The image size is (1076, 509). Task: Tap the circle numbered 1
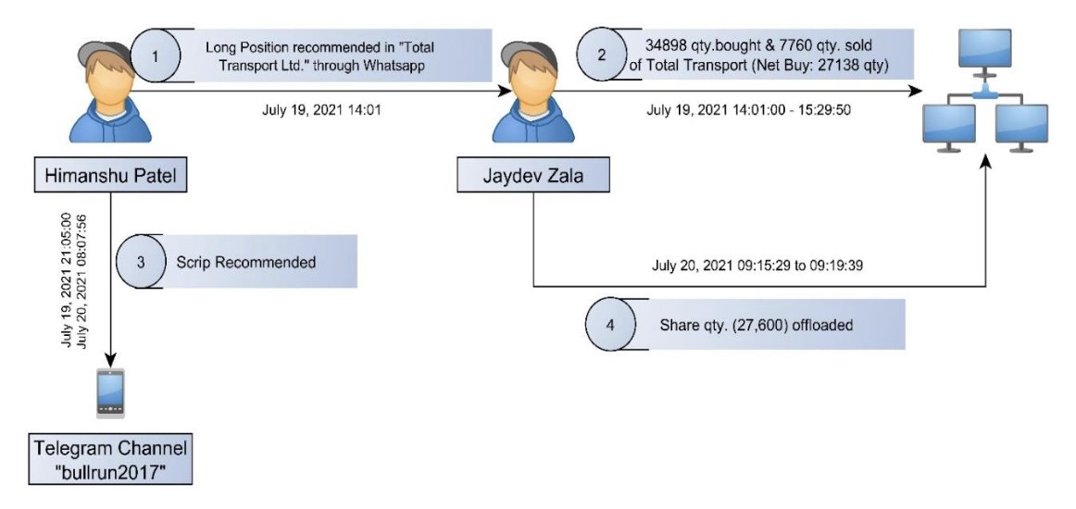pyautogui.click(x=155, y=56)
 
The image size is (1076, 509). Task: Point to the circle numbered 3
pyautogui.click(x=141, y=262)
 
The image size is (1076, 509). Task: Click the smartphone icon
pyautogui.click(x=111, y=392)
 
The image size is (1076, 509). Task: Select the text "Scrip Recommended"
pyautogui.click(x=246, y=262)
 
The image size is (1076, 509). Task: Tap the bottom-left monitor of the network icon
pyautogui.click(x=948, y=125)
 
